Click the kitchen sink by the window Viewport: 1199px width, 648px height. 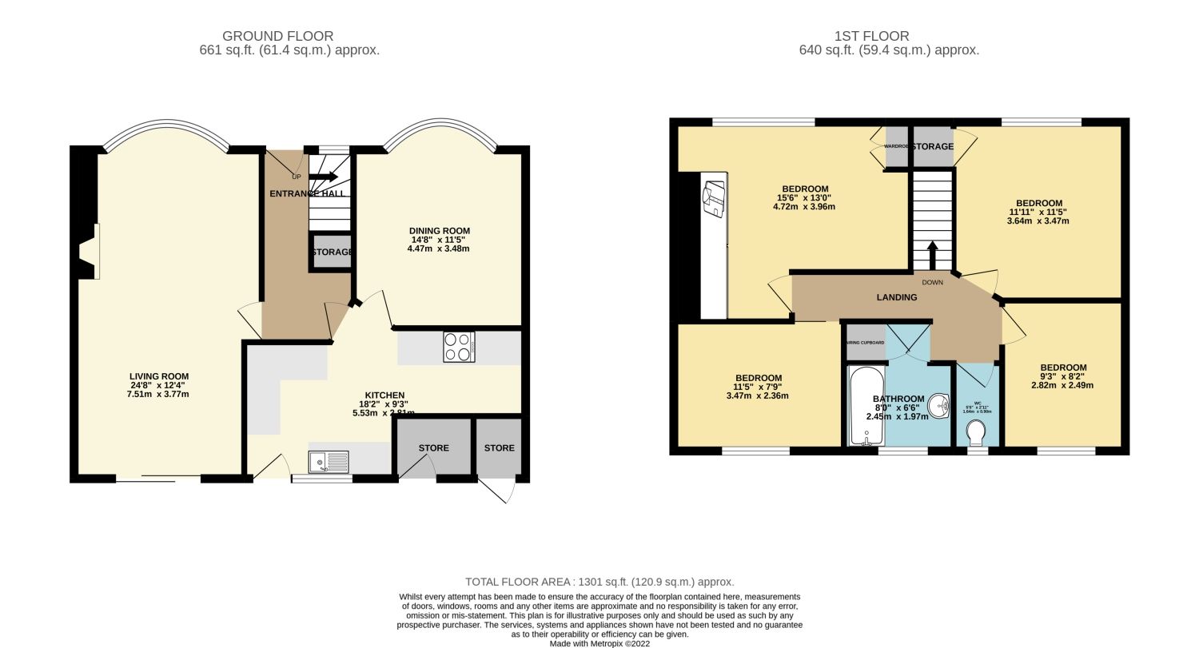click(329, 462)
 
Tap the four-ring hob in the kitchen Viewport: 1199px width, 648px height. click(459, 348)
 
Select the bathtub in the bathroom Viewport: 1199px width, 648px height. click(862, 405)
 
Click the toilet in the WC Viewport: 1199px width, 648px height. click(976, 432)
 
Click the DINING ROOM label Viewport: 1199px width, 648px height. click(439, 231)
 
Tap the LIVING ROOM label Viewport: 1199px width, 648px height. click(159, 376)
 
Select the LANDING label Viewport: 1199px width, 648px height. click(896, 297)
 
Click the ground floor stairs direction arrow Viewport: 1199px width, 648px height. click(324, 177)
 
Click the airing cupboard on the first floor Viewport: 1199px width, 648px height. click(866, 342)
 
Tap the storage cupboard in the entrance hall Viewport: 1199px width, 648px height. click(331, 252)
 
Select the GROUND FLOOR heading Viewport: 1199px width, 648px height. click(277, 36)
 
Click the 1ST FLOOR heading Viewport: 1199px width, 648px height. click(871, 36)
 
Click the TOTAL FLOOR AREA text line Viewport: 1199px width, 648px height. click(599, 582)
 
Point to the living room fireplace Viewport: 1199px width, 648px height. click(87, 252)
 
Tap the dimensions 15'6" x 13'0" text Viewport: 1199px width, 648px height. click(804, 198)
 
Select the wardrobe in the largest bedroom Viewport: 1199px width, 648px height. click(895, 146)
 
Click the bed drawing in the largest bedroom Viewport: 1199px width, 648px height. click(713, 197)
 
